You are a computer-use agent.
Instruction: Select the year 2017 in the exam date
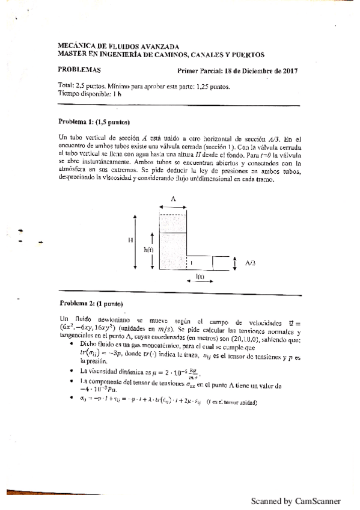pos(288,70)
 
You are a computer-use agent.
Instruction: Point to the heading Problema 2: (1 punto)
pos(91,303)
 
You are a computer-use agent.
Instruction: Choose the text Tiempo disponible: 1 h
pos(89,94)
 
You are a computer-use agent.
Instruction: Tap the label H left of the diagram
pos(130,240)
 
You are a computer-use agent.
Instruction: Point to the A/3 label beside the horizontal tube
pos(251,263)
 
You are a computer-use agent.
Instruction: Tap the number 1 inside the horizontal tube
pos(192,263)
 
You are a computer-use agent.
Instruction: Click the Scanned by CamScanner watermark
pos(295,500)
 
